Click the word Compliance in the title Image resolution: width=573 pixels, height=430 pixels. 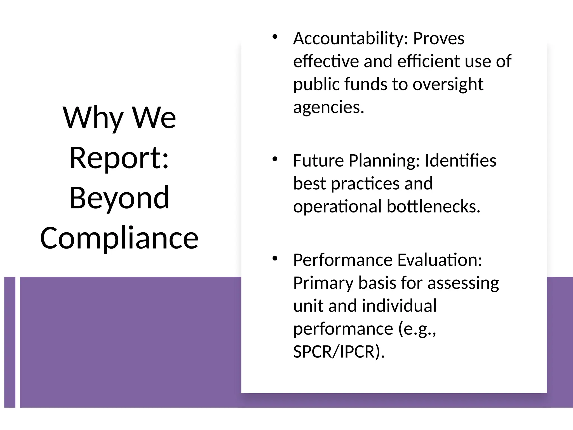[x=119, y=238]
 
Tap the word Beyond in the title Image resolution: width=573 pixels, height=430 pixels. [x=119, y=198]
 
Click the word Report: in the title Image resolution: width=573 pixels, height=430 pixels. [x=119, y=158]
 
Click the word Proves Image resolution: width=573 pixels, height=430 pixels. [x=438, y=38]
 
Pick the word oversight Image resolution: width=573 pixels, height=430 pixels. [x=448, y=84]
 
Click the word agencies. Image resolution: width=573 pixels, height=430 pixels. [x=328, y=107]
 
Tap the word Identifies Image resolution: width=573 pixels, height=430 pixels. [x=461, y=161]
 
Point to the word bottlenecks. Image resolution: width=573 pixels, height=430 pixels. [x=433, y=207]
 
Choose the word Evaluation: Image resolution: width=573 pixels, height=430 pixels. [x=440, y=260]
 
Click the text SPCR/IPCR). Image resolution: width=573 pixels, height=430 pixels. [x=339, y=352]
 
